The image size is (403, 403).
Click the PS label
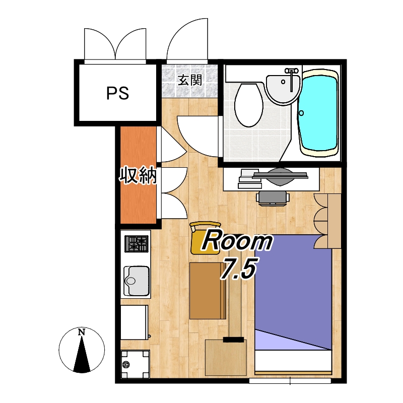pos(117,93)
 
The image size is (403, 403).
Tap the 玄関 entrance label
pos(190,80)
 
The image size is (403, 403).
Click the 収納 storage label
pos(138,175)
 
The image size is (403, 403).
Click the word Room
pos(237,240)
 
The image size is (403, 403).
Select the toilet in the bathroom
pos(249,105)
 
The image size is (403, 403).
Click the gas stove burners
pos(137,244)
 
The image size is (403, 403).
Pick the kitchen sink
pos(137,281)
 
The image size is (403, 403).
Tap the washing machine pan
pos(135,364)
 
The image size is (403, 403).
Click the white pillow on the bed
pos(293,360)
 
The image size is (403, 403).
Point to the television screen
pos(280,175)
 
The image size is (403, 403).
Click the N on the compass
pos(82,332)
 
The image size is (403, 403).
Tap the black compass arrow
pos(82,355)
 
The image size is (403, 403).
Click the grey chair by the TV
pos(273,198)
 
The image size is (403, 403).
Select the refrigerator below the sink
pos(135,322)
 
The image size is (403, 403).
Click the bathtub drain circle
pos(301,113)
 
